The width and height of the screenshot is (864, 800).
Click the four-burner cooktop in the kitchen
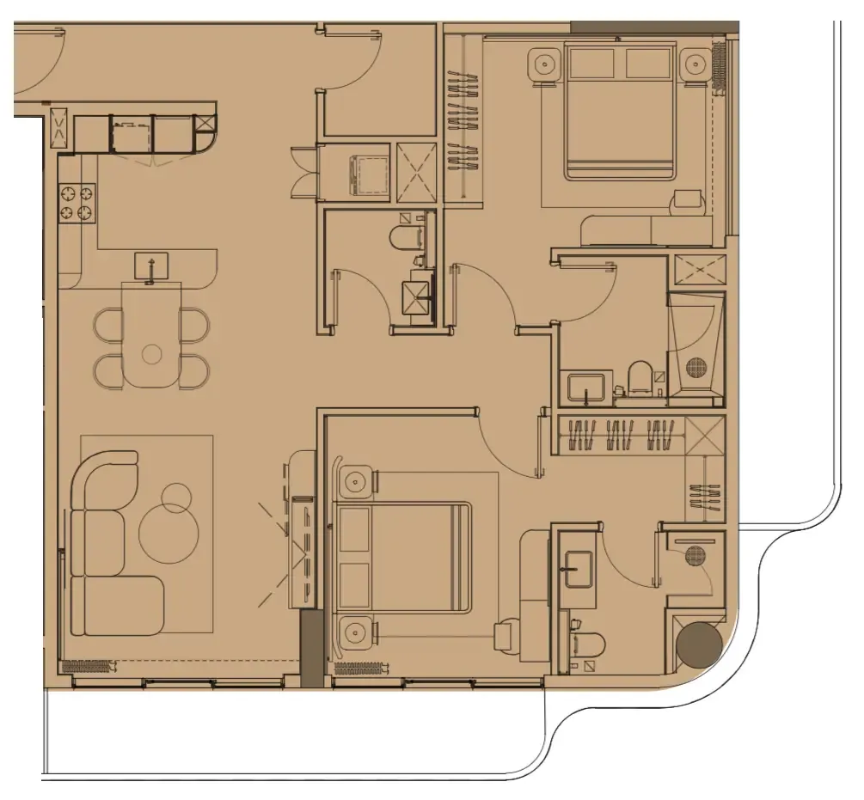(76, 202)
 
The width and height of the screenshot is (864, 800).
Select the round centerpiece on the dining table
(152, 352)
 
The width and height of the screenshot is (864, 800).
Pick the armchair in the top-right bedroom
(688, 201)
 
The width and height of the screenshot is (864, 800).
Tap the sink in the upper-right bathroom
(587, 387)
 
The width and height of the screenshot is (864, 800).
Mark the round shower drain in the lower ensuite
(695, 556)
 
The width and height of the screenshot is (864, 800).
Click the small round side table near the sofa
(177, 496)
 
